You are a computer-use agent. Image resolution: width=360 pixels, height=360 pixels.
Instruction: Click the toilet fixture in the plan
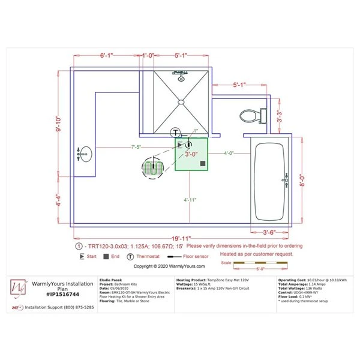251,115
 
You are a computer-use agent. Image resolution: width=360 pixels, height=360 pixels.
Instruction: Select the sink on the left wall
85,154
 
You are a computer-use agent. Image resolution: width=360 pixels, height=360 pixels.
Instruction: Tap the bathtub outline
272,180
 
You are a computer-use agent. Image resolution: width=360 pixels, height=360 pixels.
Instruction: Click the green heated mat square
191,154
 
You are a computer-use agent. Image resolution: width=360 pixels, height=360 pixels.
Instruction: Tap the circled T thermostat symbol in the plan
175,133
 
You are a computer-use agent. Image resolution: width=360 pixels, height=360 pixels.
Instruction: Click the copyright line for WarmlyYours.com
169,266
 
